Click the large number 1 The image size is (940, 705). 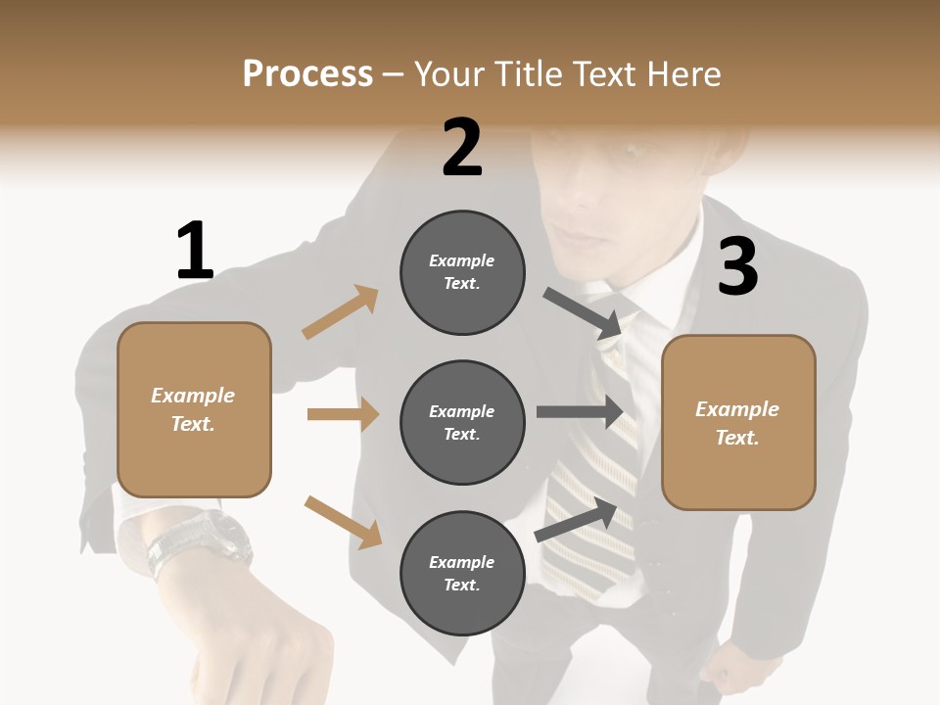point(195,251)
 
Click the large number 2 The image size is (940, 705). point(462,148)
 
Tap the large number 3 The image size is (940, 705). point(737,267)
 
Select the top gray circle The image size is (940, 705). point(462,272)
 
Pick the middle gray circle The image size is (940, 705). point(462,422)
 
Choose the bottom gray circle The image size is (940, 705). point(462,573)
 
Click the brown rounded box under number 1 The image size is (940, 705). point(194,409)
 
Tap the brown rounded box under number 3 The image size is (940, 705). point(737,423)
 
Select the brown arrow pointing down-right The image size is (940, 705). point(343,522)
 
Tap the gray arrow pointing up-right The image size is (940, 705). point(576,520)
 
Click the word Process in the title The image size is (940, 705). point(307,73)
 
